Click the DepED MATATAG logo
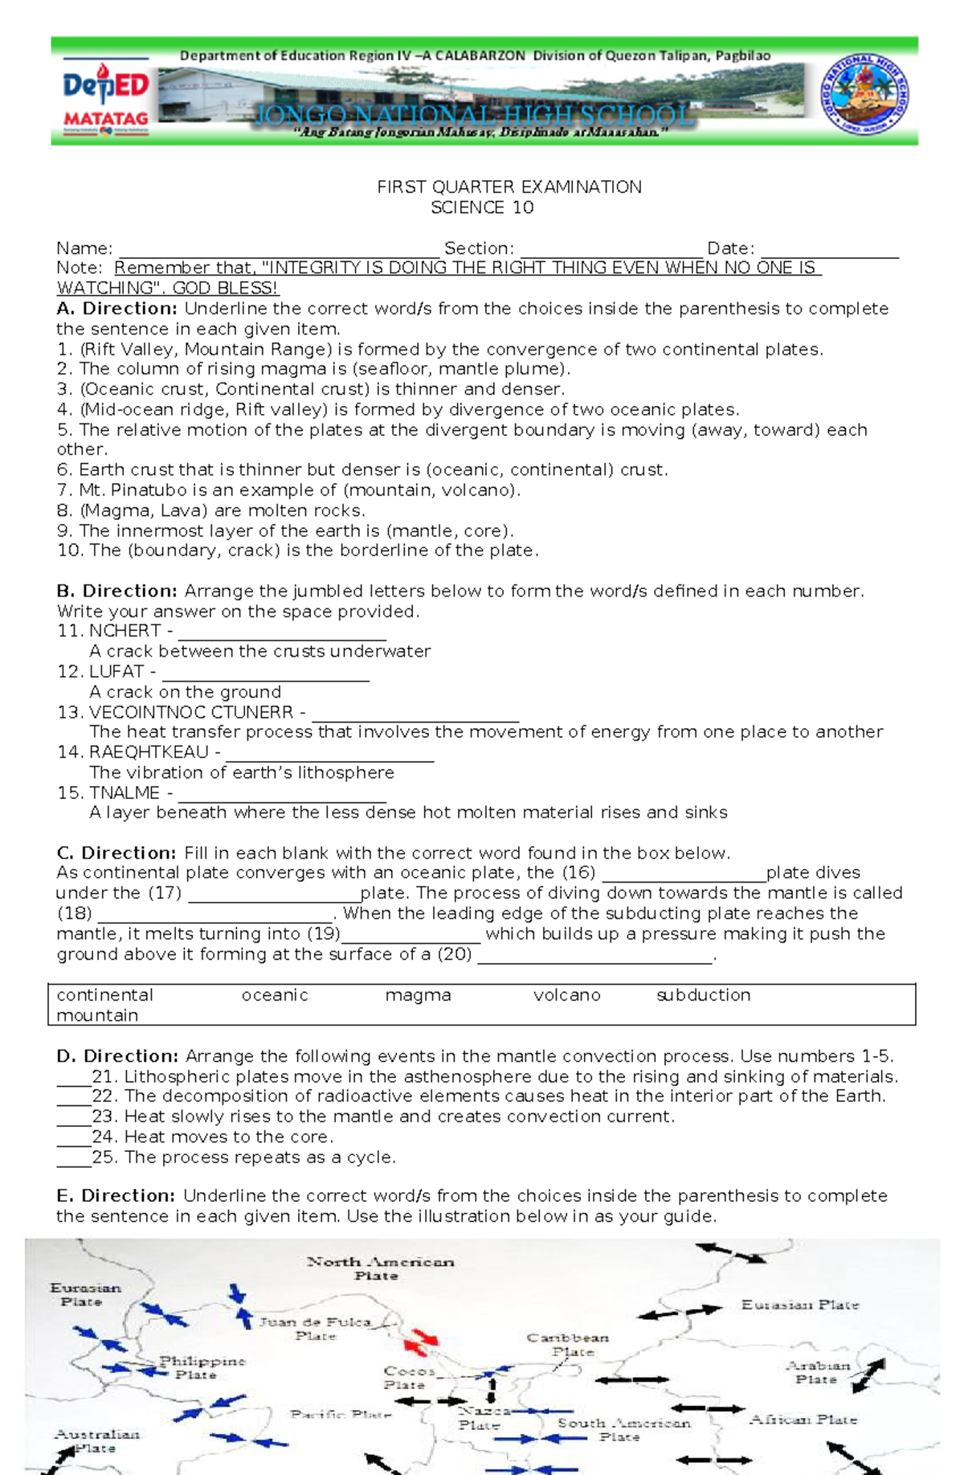click(105, 98)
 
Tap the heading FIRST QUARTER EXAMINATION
click(509, 187)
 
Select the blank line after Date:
click(829, 249)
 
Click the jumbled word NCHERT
click(125, 631)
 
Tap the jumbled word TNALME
click(124, 793)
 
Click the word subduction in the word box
click(703, 995)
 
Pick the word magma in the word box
click(418, 995)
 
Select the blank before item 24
click(73, 1137)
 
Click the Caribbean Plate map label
click(568, 1344)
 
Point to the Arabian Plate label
click(816, 1372)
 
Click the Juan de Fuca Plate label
click(315, 1328)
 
